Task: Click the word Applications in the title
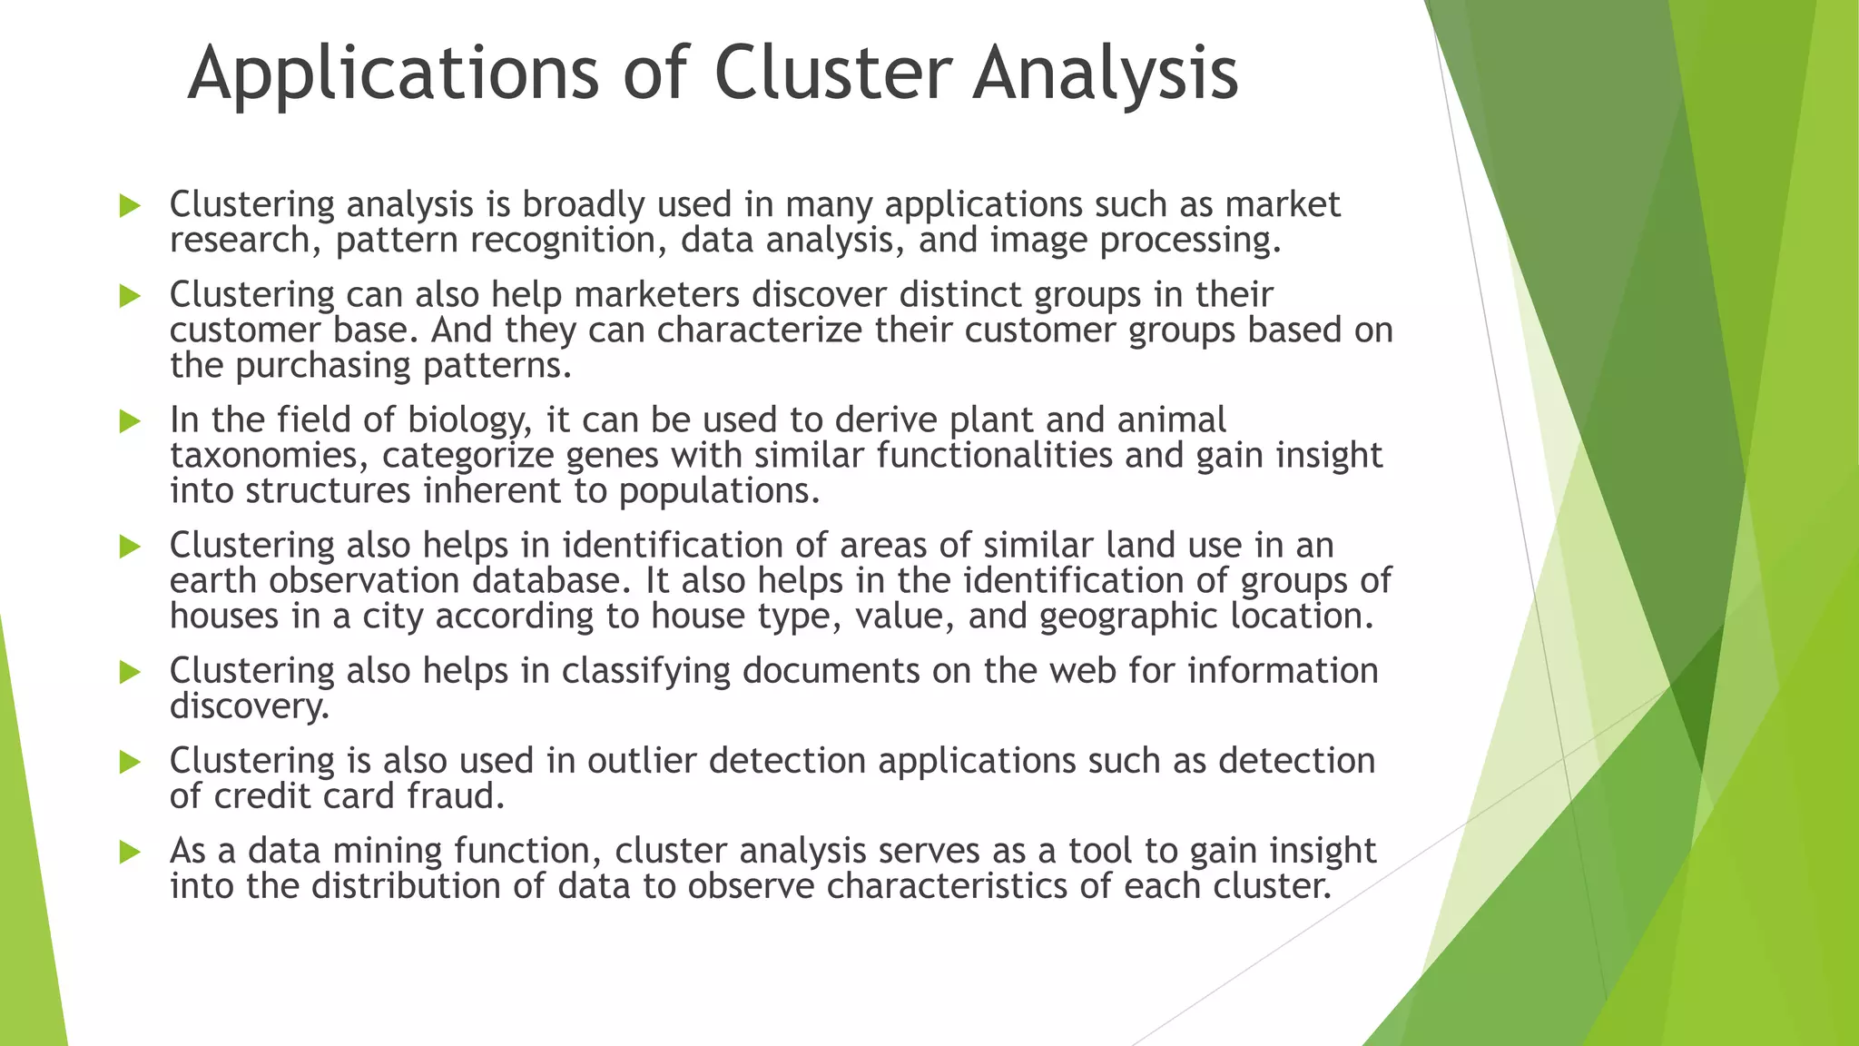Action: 393,74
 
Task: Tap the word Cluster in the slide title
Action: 833,73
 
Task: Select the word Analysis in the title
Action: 1105,74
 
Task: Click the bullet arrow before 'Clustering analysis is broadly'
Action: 130,206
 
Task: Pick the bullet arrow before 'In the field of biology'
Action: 130,421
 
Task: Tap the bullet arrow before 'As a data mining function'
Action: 130,852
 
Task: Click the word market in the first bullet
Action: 1283,204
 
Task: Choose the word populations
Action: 719,491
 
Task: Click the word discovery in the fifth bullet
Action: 249,706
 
